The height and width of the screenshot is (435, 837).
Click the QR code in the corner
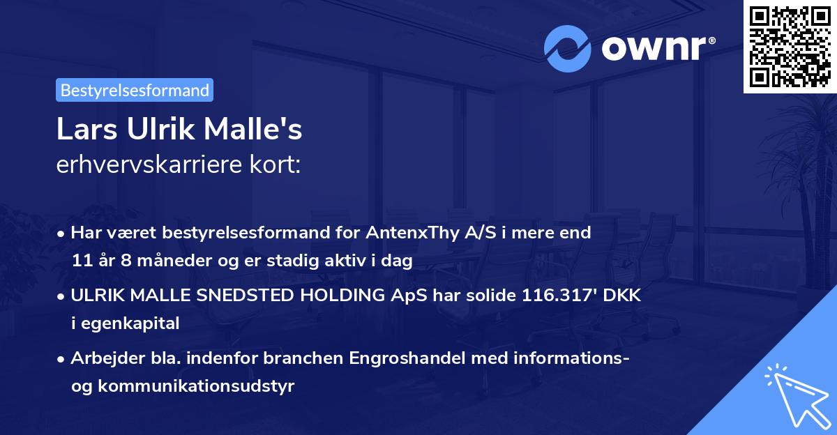pyautogui.click(x=790, y=47)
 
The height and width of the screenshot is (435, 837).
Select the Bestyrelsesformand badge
pyautogui.click(x=135, y=90)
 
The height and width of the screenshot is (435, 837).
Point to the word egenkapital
pyautogui.click(x=131, y=323)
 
